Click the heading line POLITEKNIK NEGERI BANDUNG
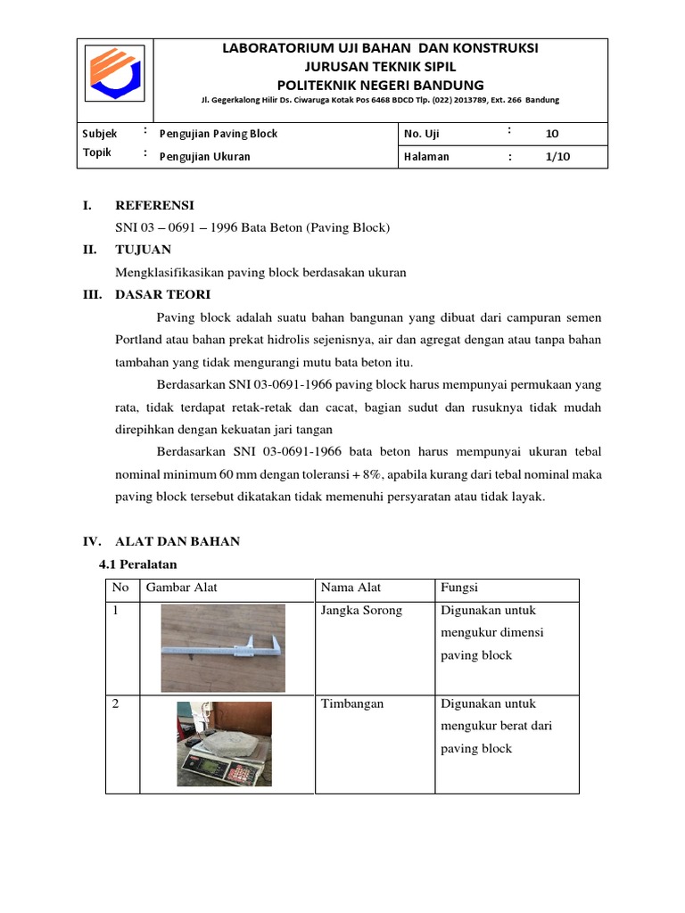coord(380,85)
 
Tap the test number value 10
coord(551,134)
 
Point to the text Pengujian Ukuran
coord(204,157)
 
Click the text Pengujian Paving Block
coord(218,134)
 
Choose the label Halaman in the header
coord(426,157)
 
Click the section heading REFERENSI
coord(154,205)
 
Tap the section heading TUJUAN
coord(144,250)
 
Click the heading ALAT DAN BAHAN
coord(177,541)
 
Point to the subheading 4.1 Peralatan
coord(137,564)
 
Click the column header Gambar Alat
coord(181,588)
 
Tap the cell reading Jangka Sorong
coord(361,611)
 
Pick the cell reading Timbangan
coord(351,703)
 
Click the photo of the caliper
coord(223,648)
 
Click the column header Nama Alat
coord(351,588)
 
